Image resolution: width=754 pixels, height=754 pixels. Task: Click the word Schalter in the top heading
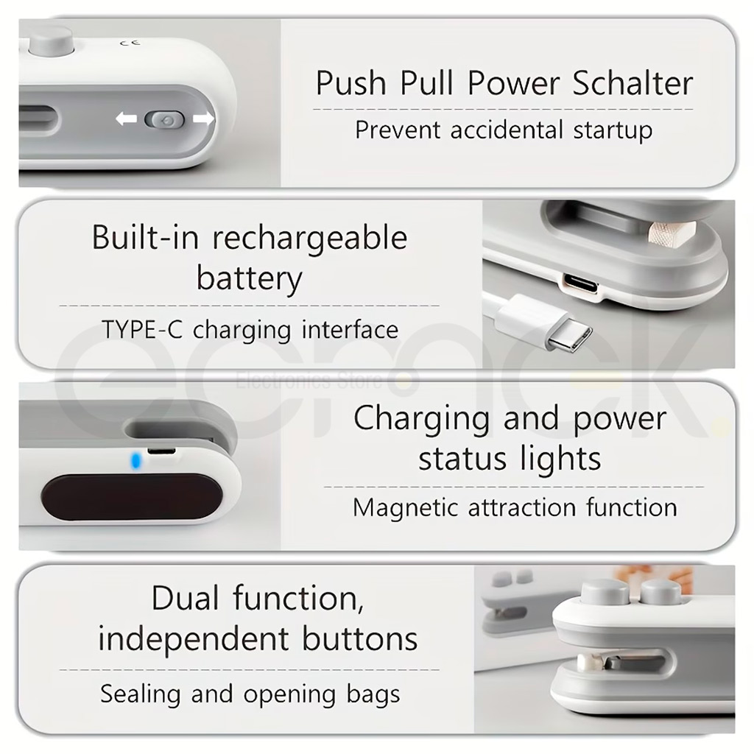pyautogui.click(x=633, y=82)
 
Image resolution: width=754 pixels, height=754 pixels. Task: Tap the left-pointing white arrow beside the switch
pyautogui.click(x=126, y=119)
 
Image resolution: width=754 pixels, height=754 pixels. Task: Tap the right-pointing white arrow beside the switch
pyautogui.click(x=203, y=119)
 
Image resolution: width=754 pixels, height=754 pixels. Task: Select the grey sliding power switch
pyautogui.click(x=164, y=120)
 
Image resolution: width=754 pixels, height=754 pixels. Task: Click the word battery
pyautogui.click(x=249, y=279)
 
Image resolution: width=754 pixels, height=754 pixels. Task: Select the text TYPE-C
pyautogui.click(x=142, y=330)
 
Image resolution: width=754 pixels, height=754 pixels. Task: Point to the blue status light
pyautogui.click(x=136, y=461)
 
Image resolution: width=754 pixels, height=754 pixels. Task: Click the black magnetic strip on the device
pyautogui.click(x=132, y=496)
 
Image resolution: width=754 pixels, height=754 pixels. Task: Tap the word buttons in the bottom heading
pyautogui.click(x=359, y=639)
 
